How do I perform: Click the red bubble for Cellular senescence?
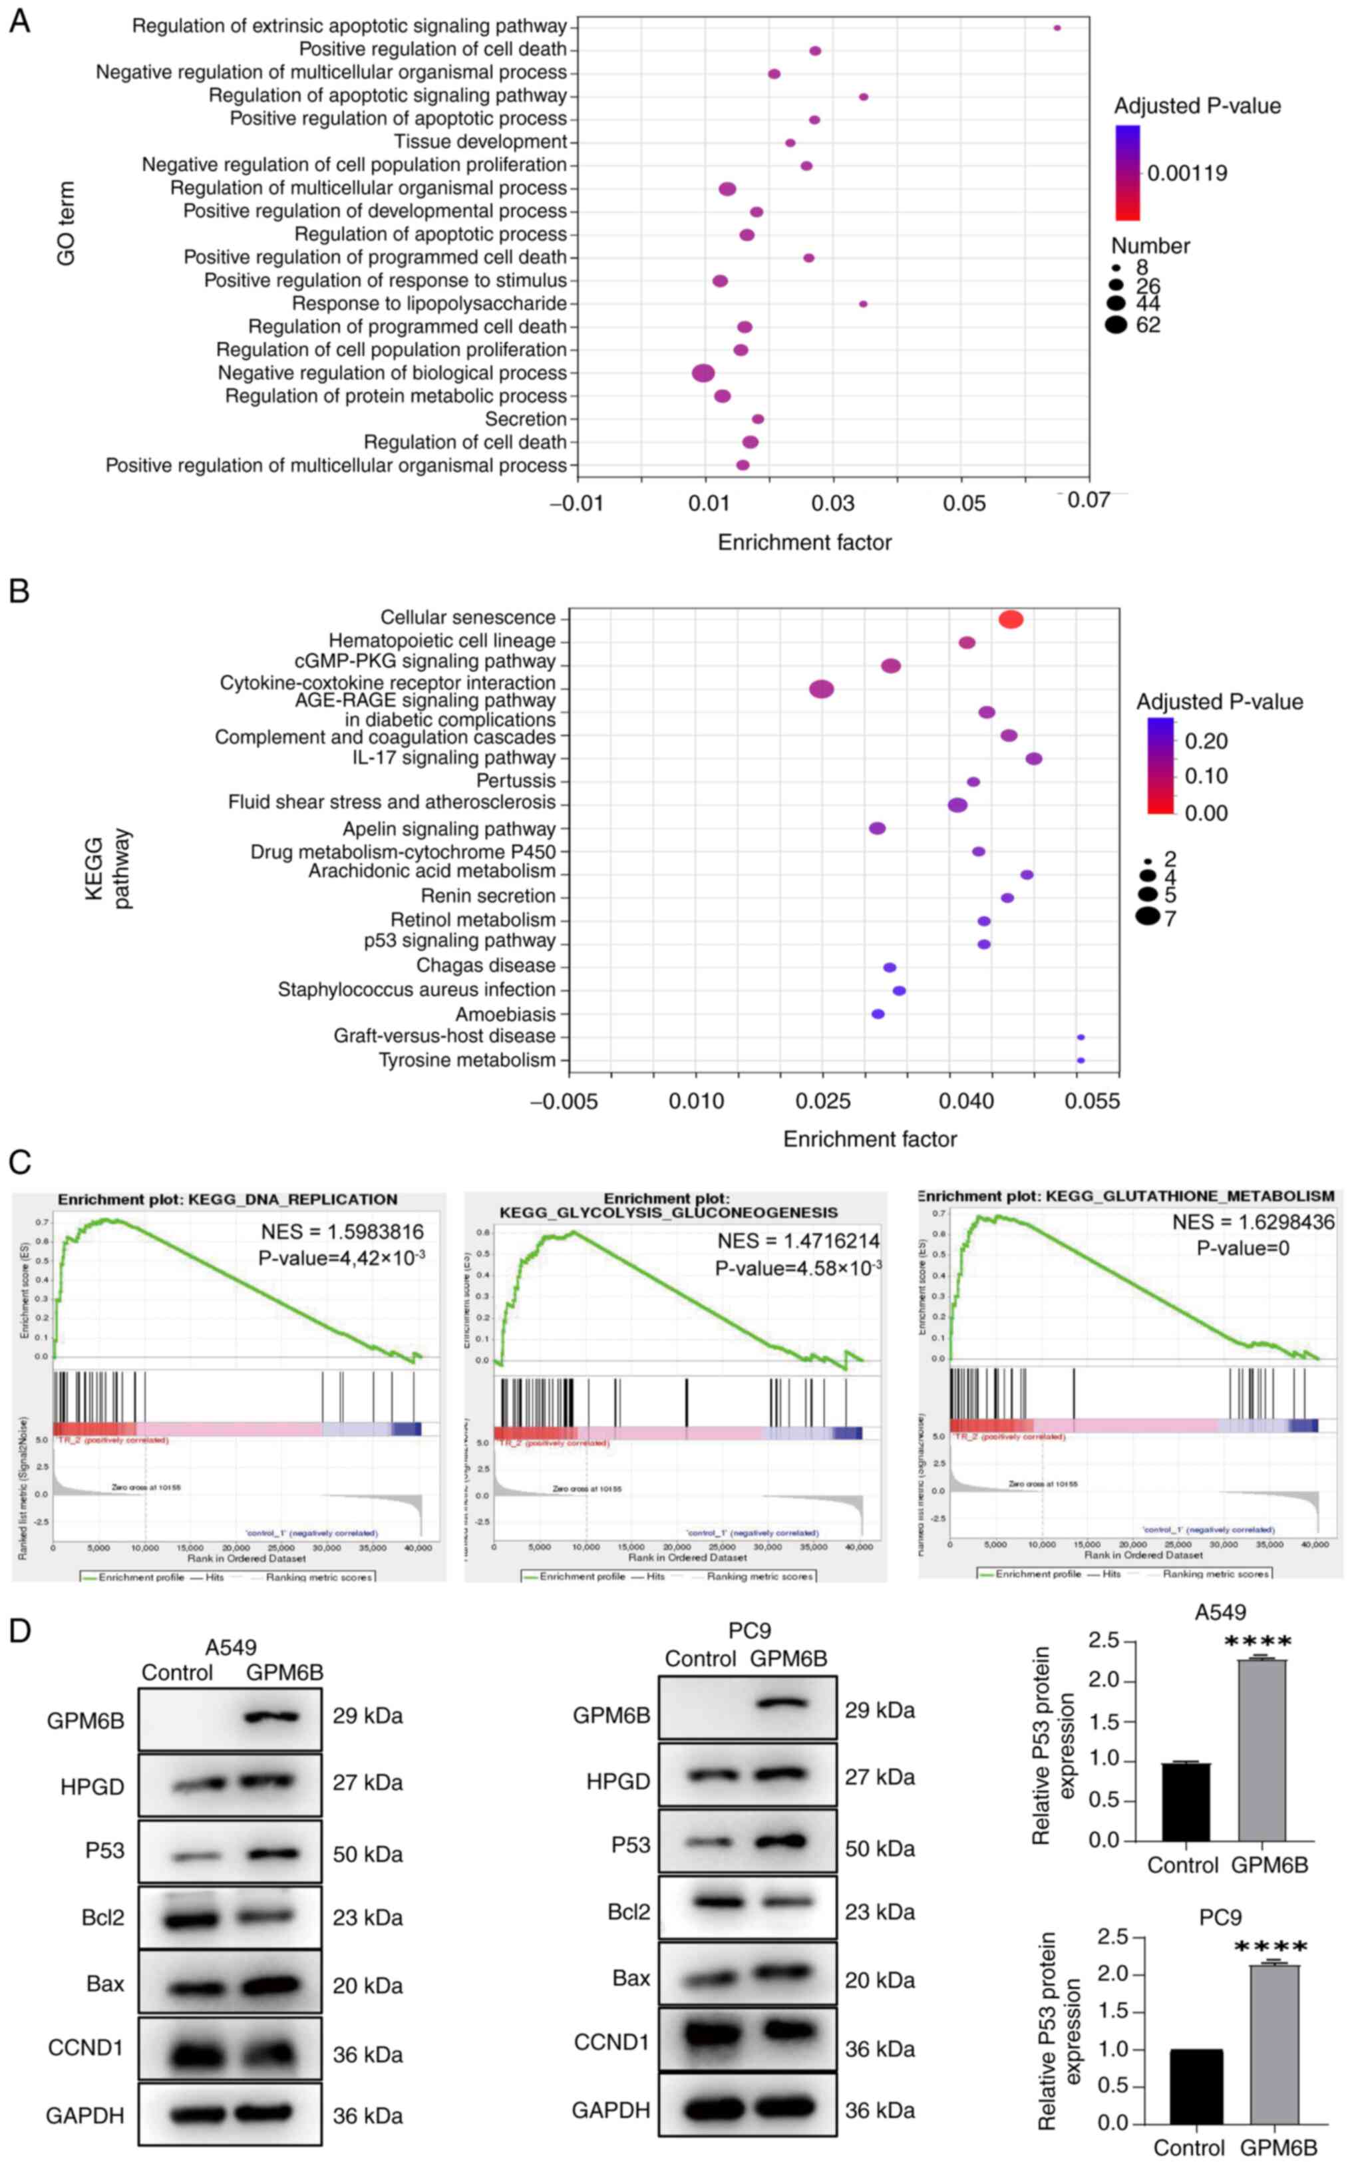tap(1011, 620)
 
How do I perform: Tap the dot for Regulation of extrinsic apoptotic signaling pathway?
tap(1057, 28)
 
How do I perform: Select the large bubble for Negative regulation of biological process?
tap(704, 373)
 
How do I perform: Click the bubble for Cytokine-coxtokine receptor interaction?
tap(822, 689)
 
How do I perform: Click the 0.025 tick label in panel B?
tap(822, 1101)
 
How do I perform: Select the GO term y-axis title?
tap(66, 224)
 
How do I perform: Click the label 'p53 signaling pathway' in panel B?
tap(460, 941)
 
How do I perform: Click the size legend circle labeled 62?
tap(1115, 325)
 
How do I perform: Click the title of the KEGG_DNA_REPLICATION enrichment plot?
tap(228, 1199)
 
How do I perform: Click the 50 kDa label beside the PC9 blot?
tap(880, 1849)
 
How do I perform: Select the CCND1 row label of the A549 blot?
tap(86, 2048)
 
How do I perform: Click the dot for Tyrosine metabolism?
tap(1080, 1061)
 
